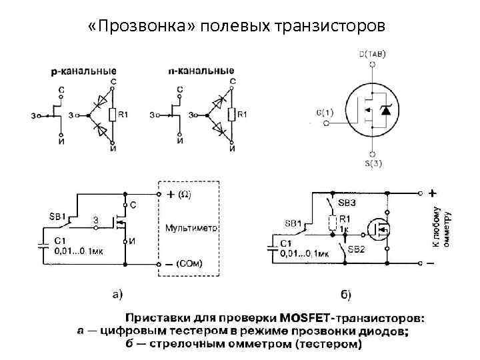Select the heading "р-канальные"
pyautogui.click(x=84, y=71)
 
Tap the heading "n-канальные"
pyautogui.click(x=201, y=70)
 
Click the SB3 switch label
pyautogui.click(x=347, y=201)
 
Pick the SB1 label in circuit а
pyautogui.click(x=57, y=216)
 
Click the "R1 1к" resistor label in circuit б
pyautogui.click(x=345, y=223)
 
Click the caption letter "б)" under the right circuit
pyautogui.click(x=345, y=293)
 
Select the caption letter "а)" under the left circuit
pyautogui.click(x=115, y=291)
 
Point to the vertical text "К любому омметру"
pyautogui.click(x=442, y=227)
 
